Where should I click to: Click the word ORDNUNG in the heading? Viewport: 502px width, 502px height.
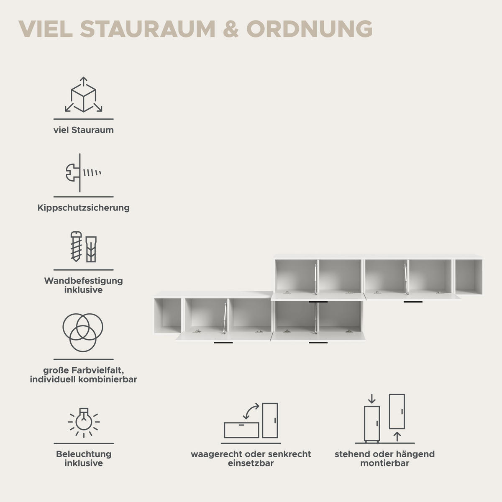coord(309,29)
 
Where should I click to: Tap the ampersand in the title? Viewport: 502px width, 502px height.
coord(231,29)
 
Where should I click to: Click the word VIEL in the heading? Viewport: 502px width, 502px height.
coord(46,29)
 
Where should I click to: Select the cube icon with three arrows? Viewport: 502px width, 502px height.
coord(83,94)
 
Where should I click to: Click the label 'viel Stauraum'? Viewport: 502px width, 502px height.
coord(83,130)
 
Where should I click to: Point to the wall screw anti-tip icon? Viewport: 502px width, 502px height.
coord(83,173)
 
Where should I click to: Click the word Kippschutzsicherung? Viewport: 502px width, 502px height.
coord(83,207)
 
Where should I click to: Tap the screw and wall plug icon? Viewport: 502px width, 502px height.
coord(83,246)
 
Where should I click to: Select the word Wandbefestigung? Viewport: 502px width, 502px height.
coord(83,281)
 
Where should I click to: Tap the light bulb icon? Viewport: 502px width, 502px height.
coord(84,422)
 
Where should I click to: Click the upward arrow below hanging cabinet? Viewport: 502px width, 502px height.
coord(397,437)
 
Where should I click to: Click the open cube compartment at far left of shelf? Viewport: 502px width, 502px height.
coord(167,315)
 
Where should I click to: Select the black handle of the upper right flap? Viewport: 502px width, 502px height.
coord(413,302)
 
